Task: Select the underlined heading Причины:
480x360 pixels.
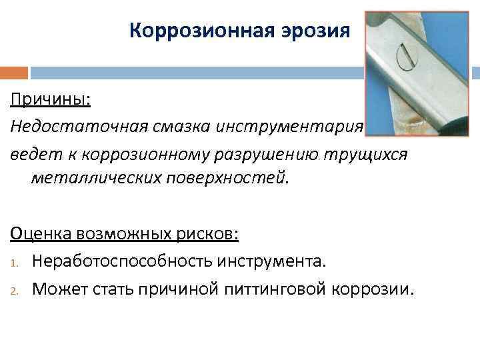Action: (x=50, y=101)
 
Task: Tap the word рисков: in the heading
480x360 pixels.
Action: (x=207, y=235)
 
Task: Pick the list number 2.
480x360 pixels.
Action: (x=15, y=289)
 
